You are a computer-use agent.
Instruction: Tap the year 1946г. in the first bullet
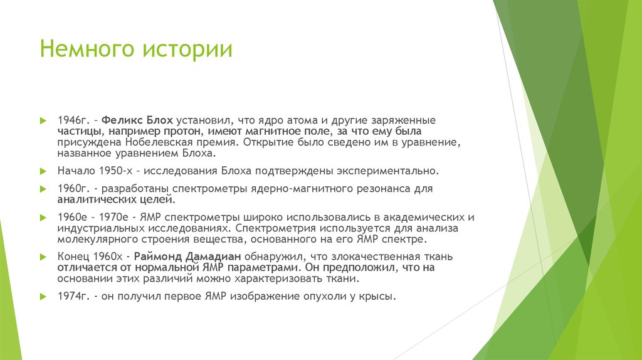[x=73, y=120]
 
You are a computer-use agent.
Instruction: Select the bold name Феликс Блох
[x=137, y=120]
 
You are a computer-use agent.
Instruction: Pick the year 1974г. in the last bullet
[x=73, y=297]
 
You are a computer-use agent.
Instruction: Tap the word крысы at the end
[x=377, y=297]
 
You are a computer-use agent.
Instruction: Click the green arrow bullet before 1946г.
[x=43, y=120]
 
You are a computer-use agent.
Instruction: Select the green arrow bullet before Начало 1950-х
[x=43, y=171]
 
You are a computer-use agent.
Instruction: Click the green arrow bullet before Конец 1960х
[x=43, y=257]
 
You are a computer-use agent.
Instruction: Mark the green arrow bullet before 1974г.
[x=43, y=297]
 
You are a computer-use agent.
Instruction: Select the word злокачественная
[x=358, y=257]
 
